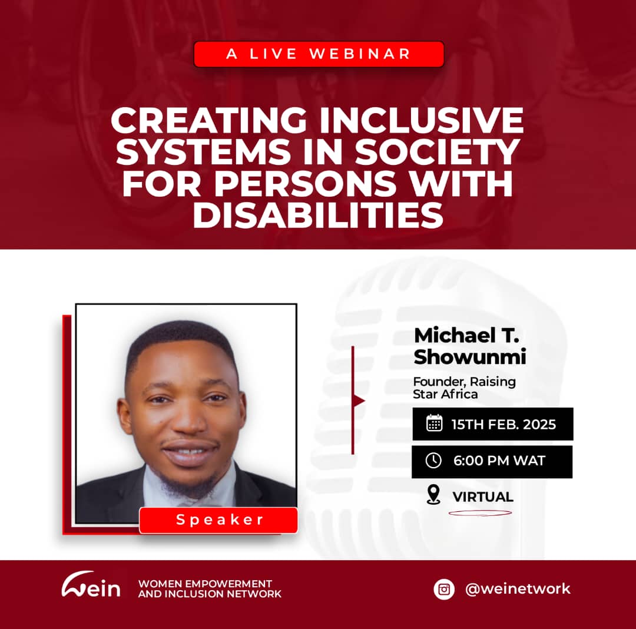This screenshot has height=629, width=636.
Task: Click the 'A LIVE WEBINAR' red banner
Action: tap(319, 54)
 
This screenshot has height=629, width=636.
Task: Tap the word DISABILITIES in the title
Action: tap(318, 216)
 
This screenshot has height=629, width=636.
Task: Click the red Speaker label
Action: tap(218, 520)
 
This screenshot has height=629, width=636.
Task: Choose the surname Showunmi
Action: tap(469, 357)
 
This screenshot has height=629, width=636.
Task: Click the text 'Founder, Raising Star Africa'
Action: tap(464, 388)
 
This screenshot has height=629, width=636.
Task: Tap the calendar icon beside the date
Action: tap(434, 423)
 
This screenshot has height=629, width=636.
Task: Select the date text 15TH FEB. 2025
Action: tap(503, 424)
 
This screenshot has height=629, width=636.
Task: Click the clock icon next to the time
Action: tap(433, 461)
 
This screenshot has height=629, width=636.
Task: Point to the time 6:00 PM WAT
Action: tap(499, 461)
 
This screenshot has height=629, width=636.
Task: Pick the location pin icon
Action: tap(433, 495)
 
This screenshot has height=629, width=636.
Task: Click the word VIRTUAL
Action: tap(483, 496)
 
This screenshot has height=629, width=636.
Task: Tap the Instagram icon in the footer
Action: tap(444, 588)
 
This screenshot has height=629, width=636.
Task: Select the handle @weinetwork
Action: tap(518, 588)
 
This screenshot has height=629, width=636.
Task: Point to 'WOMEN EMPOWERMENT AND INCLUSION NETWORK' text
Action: tap(210, 588)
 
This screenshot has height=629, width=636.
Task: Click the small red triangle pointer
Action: tap(359, 401)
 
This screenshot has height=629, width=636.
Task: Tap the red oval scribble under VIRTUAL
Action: tap(480, 512)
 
